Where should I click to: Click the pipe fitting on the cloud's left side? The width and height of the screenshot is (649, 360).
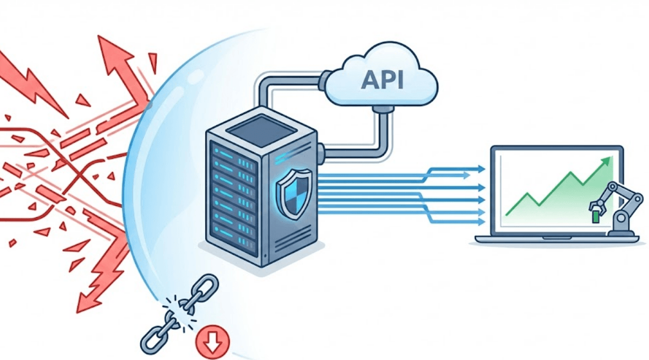tap(326, 80)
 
